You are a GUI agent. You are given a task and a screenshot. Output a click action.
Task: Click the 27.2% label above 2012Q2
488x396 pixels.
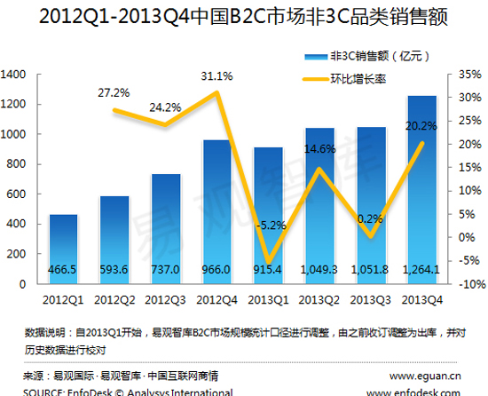coord(114,91)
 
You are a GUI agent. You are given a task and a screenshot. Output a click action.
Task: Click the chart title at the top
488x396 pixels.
coord(244,17)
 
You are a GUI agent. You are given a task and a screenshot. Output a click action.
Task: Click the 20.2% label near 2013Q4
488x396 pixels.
coord(421,125)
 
